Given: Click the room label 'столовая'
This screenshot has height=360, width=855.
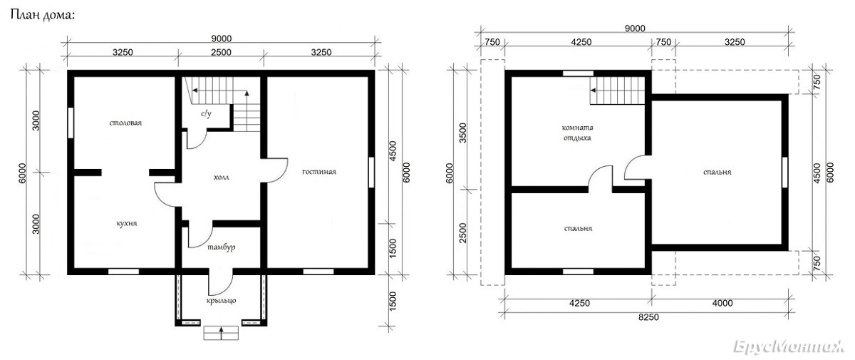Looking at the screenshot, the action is [125, 123].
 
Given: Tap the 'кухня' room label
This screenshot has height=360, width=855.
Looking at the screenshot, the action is [127, 223].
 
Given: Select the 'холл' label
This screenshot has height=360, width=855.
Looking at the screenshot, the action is [222, 177].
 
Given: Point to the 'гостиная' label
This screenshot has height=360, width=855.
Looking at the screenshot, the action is [319, 172].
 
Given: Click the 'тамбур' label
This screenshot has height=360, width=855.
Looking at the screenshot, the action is [222, 247].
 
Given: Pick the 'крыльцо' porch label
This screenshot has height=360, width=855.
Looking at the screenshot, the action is [222, 300].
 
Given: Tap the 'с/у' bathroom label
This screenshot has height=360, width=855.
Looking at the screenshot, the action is [206, 113].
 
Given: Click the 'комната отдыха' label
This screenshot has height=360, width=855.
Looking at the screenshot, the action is [578, 133].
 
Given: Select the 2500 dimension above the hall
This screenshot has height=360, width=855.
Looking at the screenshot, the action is [222, 52].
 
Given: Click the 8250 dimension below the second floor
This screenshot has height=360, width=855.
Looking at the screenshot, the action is [648, 317].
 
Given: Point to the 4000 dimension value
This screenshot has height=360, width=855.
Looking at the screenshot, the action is [722, 303].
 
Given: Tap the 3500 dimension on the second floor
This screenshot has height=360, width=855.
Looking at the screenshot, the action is [462, 133].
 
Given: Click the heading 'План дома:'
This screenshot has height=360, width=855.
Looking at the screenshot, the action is [42, 15].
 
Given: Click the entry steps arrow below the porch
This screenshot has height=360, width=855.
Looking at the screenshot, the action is [221, 333].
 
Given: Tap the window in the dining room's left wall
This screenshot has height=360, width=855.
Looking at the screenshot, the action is [71, 123].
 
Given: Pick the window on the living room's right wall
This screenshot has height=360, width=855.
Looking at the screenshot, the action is [371, 173].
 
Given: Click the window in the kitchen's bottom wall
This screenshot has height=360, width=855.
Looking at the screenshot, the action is [124, 272].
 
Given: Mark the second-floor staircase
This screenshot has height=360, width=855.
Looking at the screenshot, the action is [617, 91].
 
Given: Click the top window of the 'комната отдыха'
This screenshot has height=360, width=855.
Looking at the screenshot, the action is [579, 73].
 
